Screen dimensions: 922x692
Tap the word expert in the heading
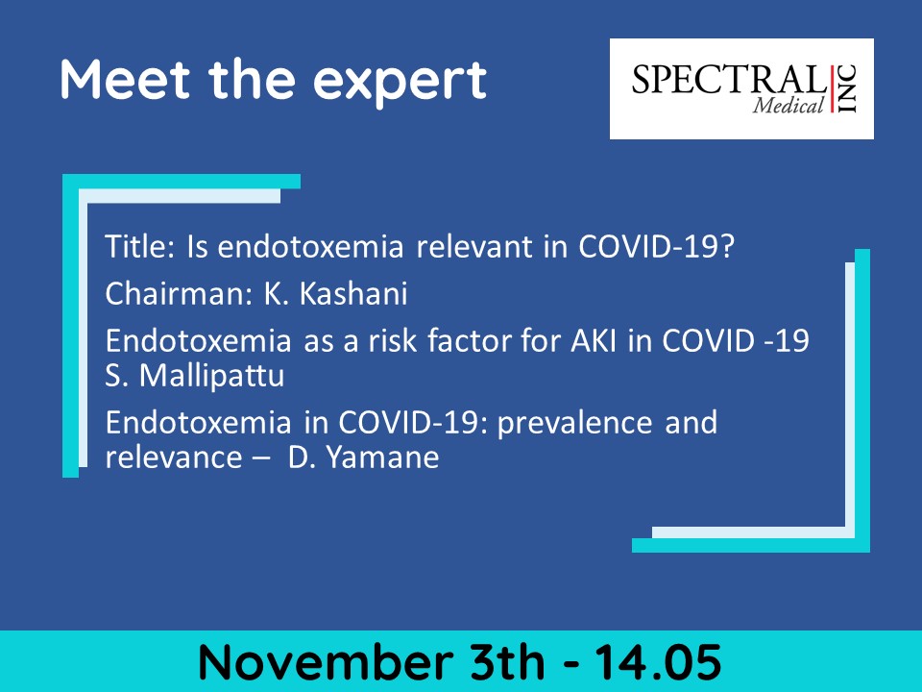pos(400,84)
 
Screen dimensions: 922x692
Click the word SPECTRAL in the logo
pos(728,80)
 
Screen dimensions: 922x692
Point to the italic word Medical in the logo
pos(788,106)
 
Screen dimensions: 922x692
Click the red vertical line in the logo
pos(832,88)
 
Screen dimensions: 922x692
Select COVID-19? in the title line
pos(657,246)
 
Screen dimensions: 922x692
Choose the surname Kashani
pos(353,293)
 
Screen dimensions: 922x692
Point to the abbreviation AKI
pos(594,340)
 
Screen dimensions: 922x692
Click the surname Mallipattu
pos(211,377)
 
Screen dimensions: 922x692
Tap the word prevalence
pos(574,424)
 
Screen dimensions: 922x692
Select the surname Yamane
pos(382,457)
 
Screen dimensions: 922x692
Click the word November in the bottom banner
pos(326,662)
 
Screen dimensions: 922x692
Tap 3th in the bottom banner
pos(507,662)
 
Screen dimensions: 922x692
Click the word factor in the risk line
pos(465,340)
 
